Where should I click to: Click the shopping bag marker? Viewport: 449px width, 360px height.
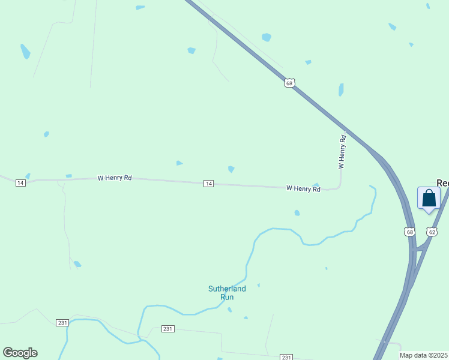click(x=429, y=199)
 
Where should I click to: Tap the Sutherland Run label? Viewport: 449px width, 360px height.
click(x=227, y=293)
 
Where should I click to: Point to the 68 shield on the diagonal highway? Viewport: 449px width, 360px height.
click(x=290, y=83)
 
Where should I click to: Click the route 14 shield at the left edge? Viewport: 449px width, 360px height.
click(x=20, y=182)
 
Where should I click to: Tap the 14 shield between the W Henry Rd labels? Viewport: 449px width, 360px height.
click(x=208, y=183)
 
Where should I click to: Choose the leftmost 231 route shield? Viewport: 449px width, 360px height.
click(x=62, y=323)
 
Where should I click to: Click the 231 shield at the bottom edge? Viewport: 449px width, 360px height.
click(x=286, y=357)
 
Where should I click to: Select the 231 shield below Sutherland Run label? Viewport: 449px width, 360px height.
click(x=168, y=329)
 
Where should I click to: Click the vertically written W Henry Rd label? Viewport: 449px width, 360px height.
click(x=342, y=152)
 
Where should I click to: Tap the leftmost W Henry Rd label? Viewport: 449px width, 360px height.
click(x=115, y=178)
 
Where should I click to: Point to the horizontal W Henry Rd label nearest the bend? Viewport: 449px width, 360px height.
click(x=303, y=188)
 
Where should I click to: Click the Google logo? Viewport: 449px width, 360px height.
click(x=20, y=353)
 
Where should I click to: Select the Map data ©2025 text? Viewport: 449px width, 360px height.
click(x=424, y=355)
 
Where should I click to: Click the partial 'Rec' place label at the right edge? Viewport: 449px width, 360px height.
click(x=442, y=183)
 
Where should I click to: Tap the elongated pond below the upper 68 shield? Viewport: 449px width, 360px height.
click(x=341, y=90)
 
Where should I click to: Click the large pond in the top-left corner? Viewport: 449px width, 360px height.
click(x=25, y=52)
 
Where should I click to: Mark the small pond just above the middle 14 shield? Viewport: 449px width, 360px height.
click(x=231, y=169)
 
